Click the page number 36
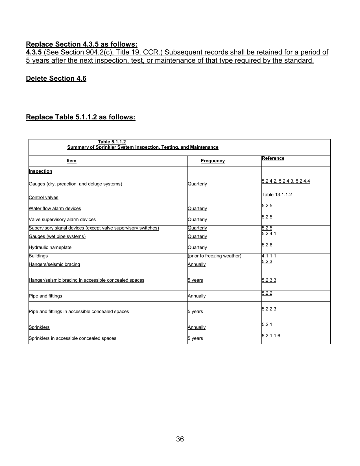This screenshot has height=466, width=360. [x=180, y=439]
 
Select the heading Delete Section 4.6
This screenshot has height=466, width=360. [x=56, y=78]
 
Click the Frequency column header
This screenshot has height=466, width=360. [x=213, y=161]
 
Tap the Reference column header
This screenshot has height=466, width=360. [x=273, y=158]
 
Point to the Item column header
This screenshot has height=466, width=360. [x=71, y=161]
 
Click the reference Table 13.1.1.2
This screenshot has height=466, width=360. [x=276, y=195]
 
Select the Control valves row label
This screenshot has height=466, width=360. [x=43, y=198]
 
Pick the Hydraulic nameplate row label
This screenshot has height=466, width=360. [x=50, y=248]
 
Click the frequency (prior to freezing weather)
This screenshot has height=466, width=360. [x=214, y=256]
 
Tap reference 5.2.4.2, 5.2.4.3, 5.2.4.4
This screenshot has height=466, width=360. [x=285, y=181]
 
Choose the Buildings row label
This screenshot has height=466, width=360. [x=38, y=256]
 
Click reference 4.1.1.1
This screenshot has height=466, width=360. [x=269, y=256]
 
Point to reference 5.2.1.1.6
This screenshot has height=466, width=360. [x=270, y=336]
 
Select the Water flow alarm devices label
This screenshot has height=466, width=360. [x=55, y=209]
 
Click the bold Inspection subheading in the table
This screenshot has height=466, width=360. [x=40, y=171]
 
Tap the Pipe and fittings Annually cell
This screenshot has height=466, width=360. [x=197, y=296]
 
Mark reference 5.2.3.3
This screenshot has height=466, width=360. [x=269, y=280]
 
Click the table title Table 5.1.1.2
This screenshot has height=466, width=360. [x=112, y=142]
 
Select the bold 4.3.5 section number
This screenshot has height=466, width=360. [x=34, y=52]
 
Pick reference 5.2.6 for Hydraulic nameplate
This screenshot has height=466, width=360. [x=267, y=245]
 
